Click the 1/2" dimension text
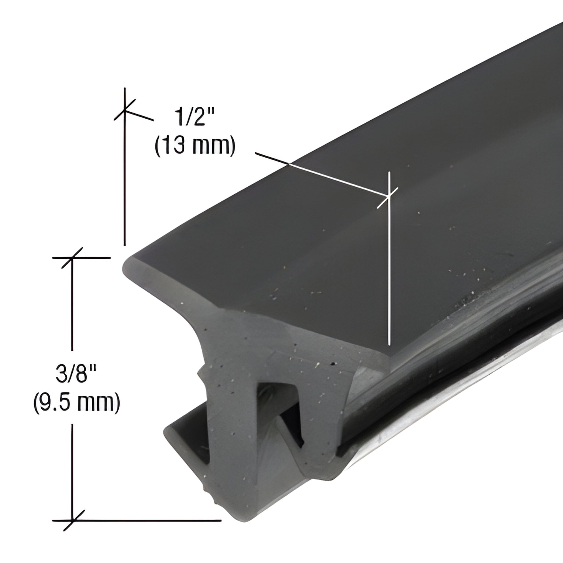click(x=194, y=117)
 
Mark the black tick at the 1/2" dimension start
click(x=125, y=110)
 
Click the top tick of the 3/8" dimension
click(x=72, y=258)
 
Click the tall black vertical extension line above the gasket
click(x=125, y=175)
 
